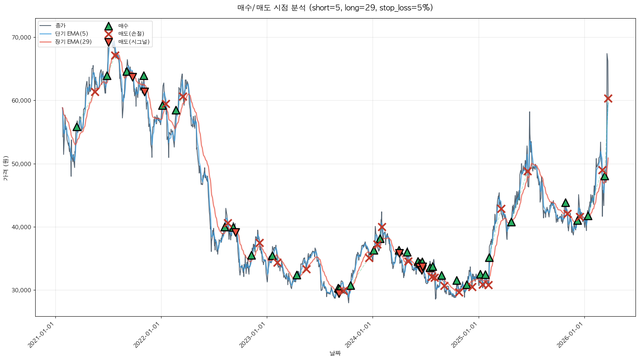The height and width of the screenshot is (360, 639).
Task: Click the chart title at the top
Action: pos(335,8)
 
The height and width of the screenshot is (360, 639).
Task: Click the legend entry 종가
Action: pos(60,26)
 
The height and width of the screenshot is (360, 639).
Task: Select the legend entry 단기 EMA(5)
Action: pos(72,34)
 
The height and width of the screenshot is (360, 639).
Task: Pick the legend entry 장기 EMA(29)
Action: pos(73,42)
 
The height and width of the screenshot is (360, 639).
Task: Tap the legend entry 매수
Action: pos(123,26)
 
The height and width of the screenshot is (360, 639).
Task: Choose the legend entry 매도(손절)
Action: pos(131,34)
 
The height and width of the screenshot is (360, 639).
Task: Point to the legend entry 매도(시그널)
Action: pos(134,42)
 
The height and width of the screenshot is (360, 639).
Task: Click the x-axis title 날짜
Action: pos(335,353)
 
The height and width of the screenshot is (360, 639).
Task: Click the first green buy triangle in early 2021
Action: pos(77,127)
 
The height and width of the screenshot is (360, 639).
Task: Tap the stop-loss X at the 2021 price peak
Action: pos(115,55)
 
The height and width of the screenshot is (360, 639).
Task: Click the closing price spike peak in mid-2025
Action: pos(529,112)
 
